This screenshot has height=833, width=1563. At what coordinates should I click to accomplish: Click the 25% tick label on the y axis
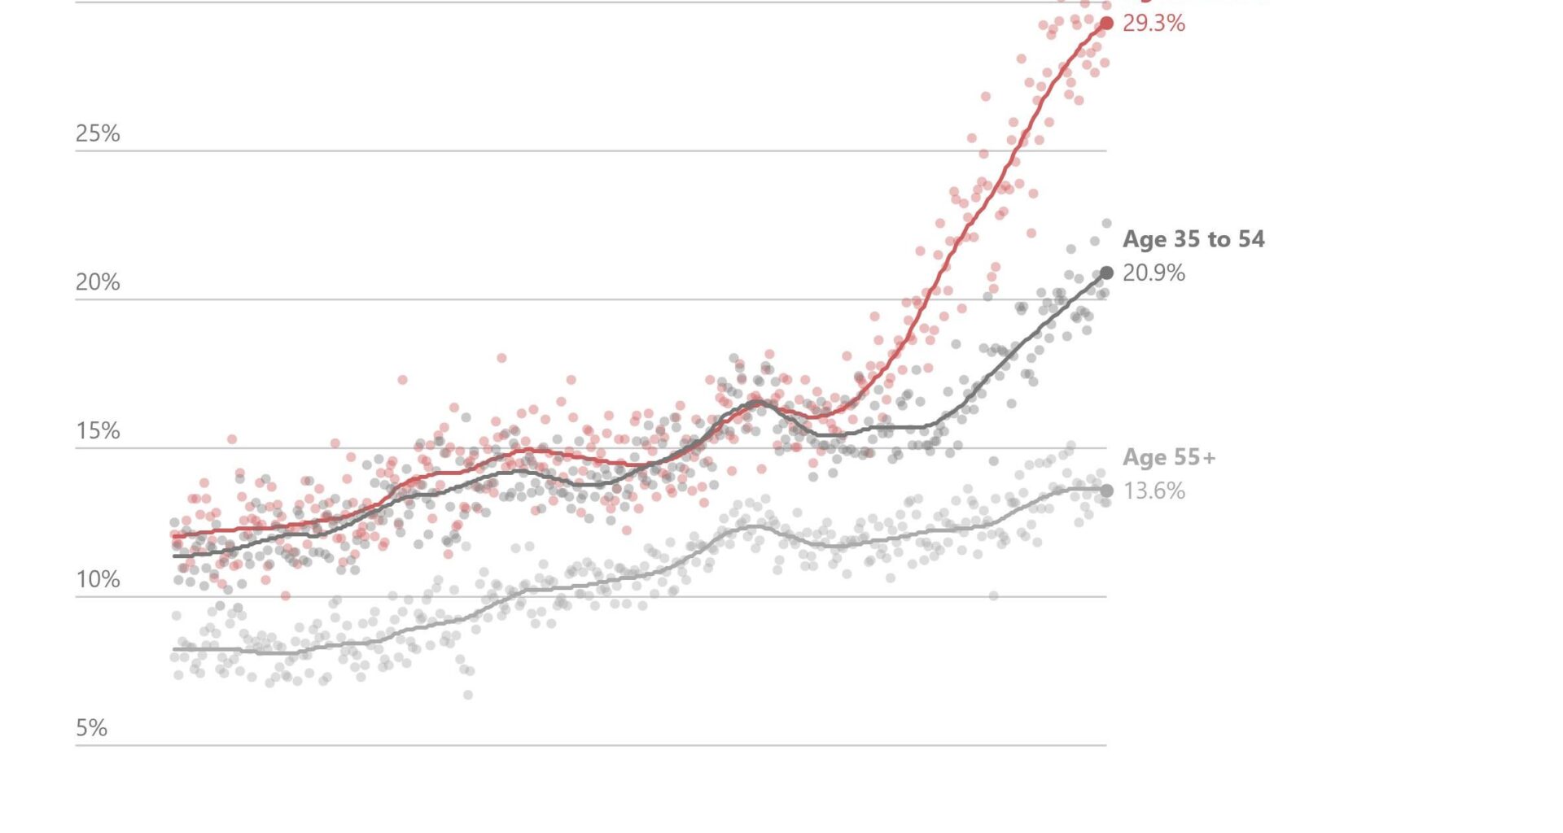point(98,133)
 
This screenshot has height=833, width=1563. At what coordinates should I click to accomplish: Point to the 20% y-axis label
point(98,282)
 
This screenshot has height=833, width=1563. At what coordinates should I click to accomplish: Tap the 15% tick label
point(98,431)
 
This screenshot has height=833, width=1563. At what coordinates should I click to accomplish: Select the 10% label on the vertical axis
point(98,580)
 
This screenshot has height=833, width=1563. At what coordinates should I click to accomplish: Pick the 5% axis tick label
point(92,728)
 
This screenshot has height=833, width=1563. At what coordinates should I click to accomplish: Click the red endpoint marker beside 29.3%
point(1106,24)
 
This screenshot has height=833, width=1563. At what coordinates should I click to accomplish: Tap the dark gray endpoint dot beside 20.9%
point(1106,273)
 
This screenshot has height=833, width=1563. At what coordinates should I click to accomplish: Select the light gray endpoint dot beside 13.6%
point(1106,491)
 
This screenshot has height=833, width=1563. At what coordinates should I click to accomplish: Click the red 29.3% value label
point(1154,24)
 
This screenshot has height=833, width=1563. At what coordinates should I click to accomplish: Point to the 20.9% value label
point(1154,273)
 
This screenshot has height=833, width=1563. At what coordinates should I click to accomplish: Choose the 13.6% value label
point(1154,491)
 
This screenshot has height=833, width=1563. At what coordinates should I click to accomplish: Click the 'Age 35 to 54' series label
point(1193,239)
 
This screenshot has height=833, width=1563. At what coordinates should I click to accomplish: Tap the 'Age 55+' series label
point(1169,457)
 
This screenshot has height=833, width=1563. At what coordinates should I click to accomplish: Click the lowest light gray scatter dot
point(468,695)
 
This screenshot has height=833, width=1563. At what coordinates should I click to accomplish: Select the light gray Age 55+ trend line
point(570,586)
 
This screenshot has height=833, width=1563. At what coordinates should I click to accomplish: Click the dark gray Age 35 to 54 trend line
point(1018,346)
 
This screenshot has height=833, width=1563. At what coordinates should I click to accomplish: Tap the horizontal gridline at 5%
point(570,745)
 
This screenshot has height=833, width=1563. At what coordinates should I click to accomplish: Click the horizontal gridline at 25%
point(570,150)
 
